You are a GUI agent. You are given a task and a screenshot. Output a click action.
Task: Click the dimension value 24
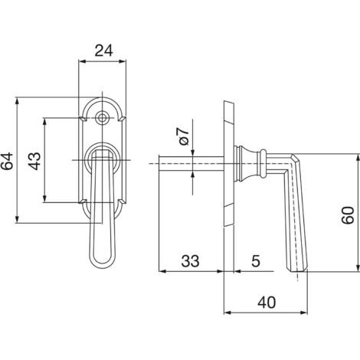103,51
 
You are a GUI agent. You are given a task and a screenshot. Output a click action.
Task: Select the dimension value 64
7,161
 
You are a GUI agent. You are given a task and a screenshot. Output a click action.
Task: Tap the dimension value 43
34,161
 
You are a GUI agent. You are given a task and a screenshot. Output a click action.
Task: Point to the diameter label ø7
184,136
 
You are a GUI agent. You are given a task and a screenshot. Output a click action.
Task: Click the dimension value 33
190,261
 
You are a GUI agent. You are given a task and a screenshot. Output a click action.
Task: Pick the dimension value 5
256,261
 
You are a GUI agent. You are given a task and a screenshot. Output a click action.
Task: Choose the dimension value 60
349,215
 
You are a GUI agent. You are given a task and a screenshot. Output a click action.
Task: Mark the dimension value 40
267,303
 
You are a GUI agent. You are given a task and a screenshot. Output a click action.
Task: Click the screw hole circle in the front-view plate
103,118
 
